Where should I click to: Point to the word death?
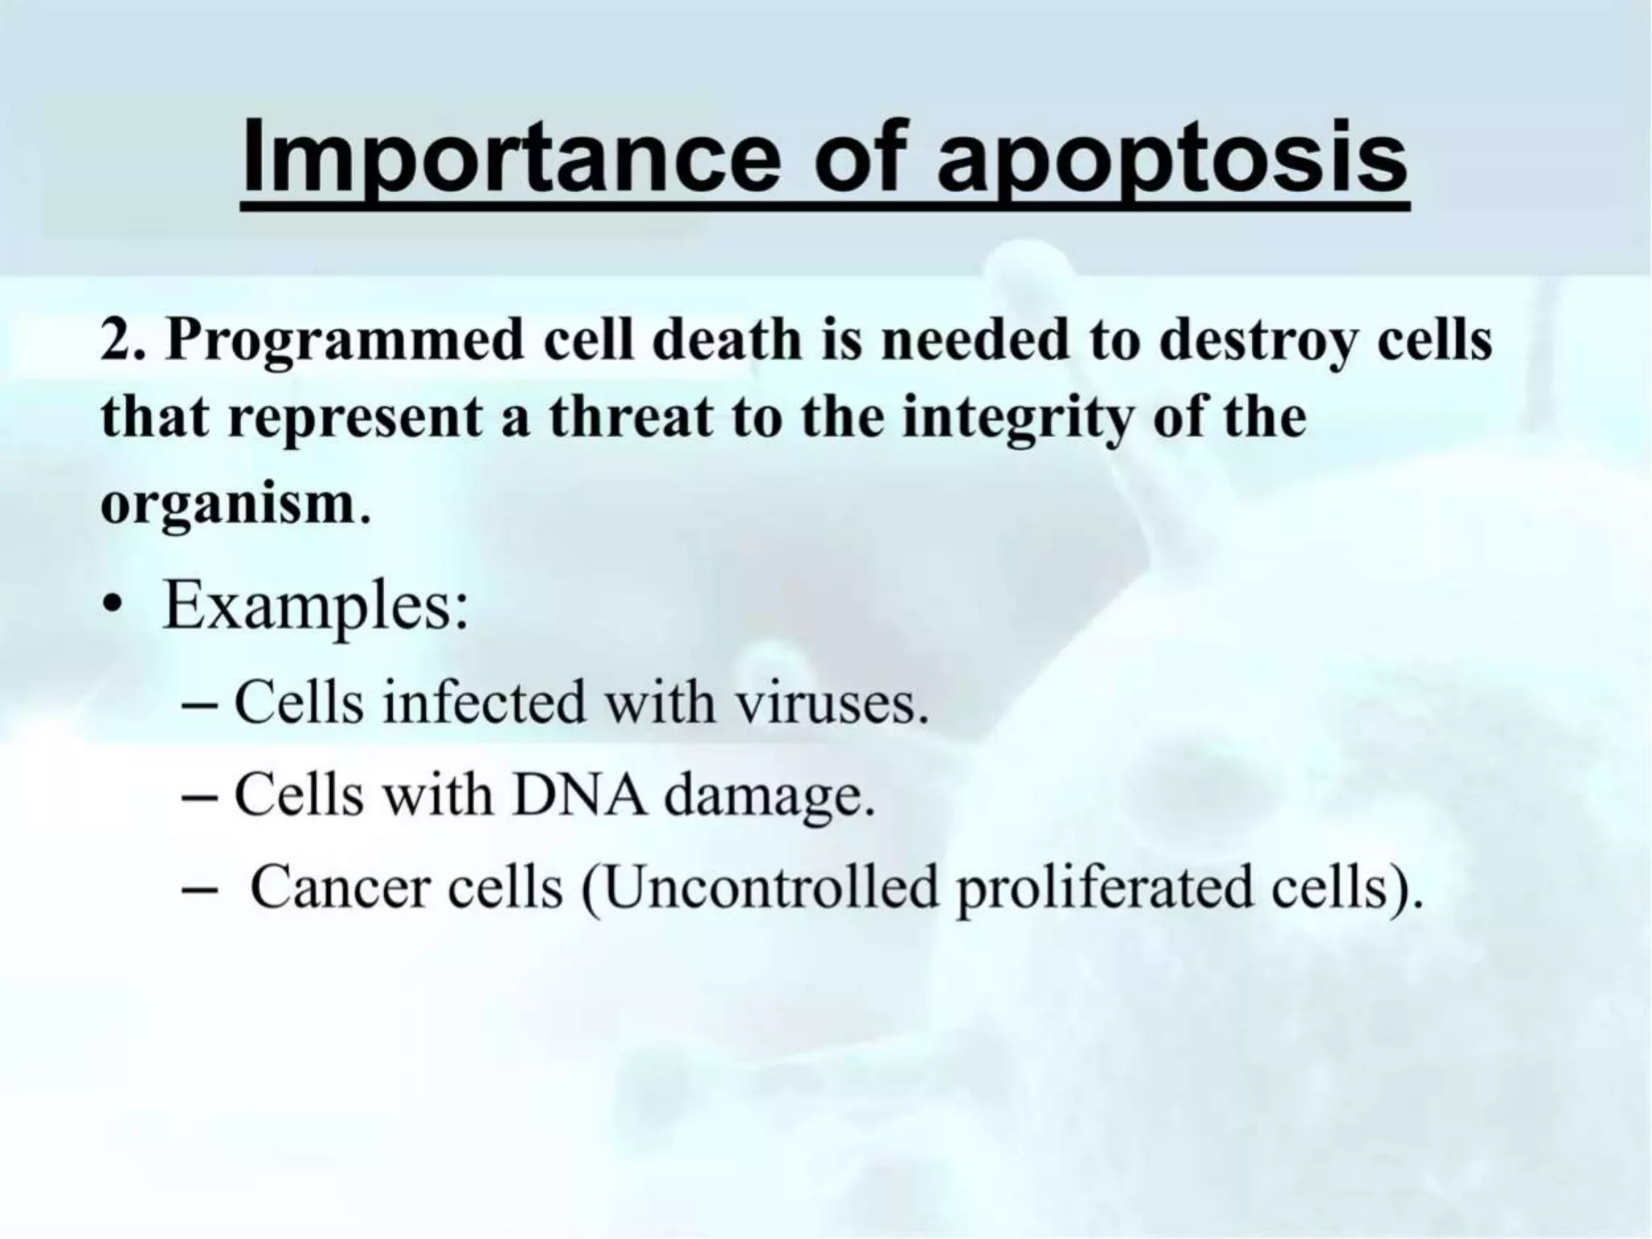[726, 340]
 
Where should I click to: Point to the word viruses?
[832, 703]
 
